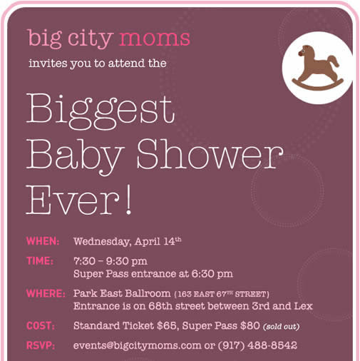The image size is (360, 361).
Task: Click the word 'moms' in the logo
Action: click(154, 38)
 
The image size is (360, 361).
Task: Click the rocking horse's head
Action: click(305, 51)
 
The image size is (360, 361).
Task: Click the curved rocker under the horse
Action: click(317, 86)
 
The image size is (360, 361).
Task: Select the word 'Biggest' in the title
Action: click(101, 111)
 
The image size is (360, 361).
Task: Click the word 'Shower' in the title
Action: click(210, 154)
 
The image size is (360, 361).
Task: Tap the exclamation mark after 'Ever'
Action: click(128, 200)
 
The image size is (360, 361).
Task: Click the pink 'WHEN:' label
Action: click(43, 241)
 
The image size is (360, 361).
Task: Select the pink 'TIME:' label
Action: click(40, 261)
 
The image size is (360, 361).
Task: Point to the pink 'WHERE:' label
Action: click(46, 293)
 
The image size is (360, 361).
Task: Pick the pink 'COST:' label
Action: click(41, 325)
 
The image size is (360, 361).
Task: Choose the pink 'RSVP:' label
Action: click(41, 345)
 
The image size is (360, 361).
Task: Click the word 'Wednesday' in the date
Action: click(102, 242)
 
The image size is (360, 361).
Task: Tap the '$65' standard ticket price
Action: click(168, 325)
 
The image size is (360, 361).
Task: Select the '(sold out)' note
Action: click(281, 327)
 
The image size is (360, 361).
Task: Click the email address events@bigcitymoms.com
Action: click(137, 346)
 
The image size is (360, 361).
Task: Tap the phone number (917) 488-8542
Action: click(257, 345)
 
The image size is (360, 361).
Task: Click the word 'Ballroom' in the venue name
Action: click(148, 293)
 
